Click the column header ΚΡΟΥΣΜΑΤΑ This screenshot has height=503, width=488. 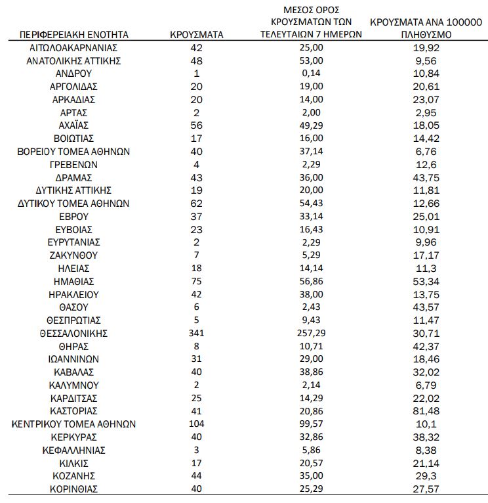click(x=196, y=34)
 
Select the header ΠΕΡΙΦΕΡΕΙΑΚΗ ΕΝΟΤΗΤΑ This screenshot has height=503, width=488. click(x=74, y=34)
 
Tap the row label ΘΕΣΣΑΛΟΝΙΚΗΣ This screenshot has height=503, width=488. click(x=73, y=333)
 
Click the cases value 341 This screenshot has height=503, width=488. click(x=196, y=333)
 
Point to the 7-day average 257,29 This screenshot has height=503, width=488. click(x=311, y=333)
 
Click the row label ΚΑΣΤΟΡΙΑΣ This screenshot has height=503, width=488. click(x=73, y=410)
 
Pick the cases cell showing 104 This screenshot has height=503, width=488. click(x=196, y=424)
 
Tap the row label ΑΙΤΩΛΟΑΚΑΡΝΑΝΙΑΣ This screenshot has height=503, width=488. click(x=73, y=48)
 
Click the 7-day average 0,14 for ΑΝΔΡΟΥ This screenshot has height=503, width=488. click(x=311, y=73)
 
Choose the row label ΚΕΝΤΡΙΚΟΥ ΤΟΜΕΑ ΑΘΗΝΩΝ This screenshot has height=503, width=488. click(x=73, y=424)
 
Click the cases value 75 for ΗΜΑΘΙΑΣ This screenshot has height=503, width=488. click(x=196, y=281)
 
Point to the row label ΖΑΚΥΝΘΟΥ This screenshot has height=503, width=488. click(x=73, y=255)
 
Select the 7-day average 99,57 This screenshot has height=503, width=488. click(x=311, y=424)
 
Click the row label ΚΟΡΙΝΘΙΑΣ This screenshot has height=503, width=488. click(x=73, y=489)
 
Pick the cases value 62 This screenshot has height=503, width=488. click(x=196, y=203)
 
